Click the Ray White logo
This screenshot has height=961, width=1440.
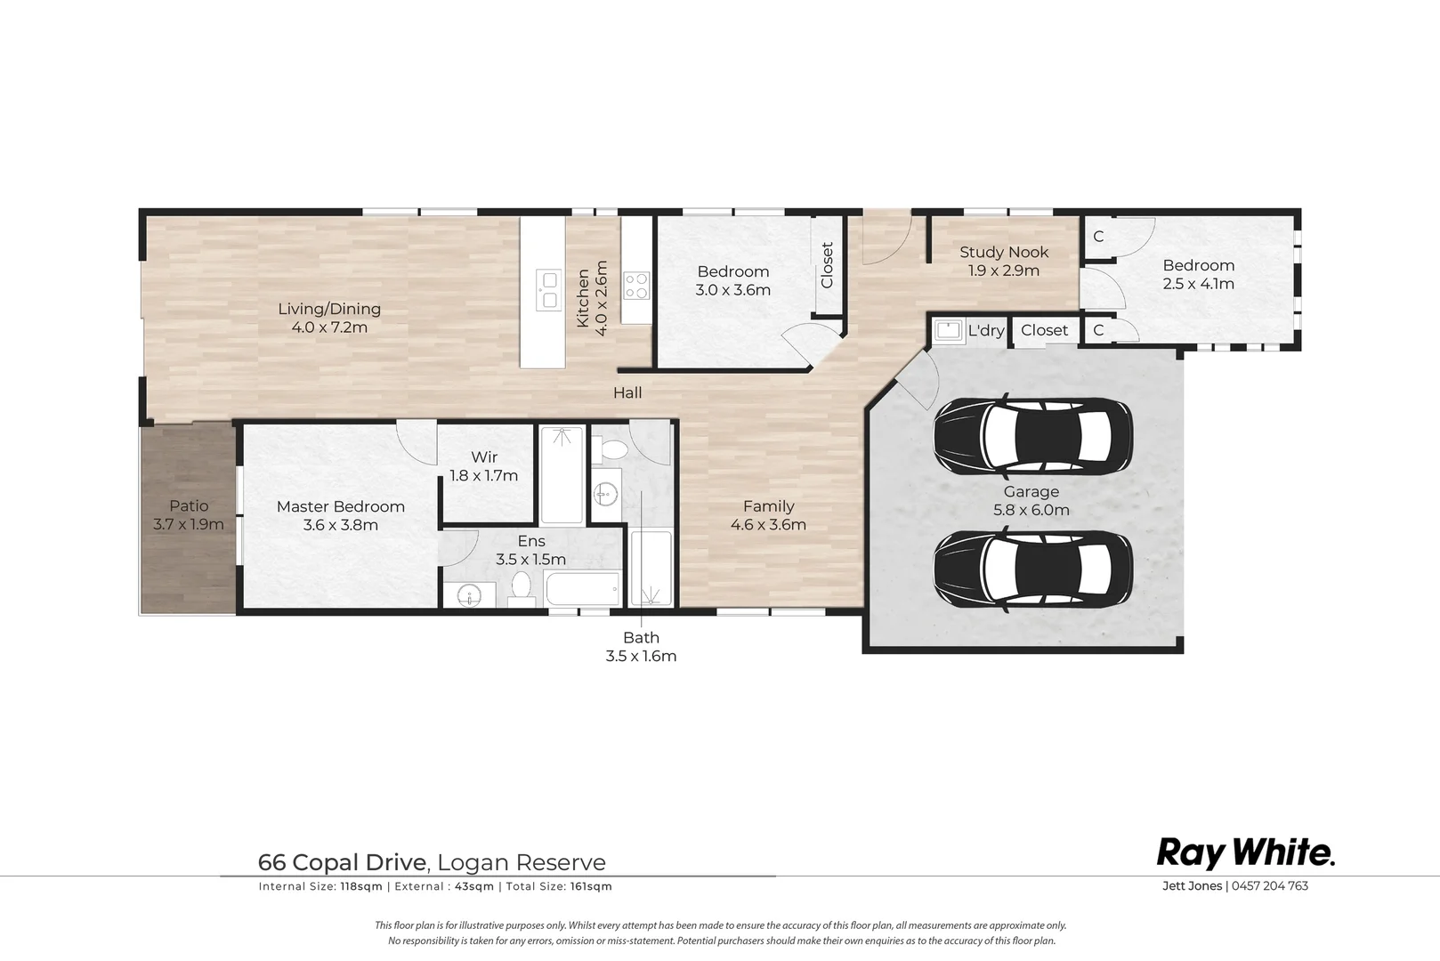click(1246, 853)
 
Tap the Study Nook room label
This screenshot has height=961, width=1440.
click(1004, 252)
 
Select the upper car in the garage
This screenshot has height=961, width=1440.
click(1032, 435)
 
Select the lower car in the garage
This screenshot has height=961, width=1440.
click(1032, 569)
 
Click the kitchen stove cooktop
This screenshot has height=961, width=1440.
click(636, 286)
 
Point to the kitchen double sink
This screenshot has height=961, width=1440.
click(548, 290)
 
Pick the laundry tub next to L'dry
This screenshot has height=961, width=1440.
click(948, 331)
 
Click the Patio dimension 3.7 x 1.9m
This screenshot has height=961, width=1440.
click(189, 524)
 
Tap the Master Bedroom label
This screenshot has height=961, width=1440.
click(341, 506)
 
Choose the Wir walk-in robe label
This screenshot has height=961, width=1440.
click(484, 457)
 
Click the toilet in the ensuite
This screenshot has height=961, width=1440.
click(522, 589)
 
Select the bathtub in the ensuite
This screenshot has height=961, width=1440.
click(582, 588)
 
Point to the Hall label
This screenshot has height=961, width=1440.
click(627, 392)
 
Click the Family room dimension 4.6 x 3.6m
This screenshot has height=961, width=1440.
click(768, 524)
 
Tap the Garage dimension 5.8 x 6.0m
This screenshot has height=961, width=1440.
click(1031, 511)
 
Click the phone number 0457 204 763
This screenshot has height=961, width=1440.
click(1270, 885)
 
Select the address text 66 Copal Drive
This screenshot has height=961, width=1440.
click(342, 862)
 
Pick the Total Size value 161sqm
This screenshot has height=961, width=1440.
click(591, 886)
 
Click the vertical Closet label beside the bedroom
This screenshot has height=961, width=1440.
click(827, 265)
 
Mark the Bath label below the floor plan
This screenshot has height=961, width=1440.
click(641, 638)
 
